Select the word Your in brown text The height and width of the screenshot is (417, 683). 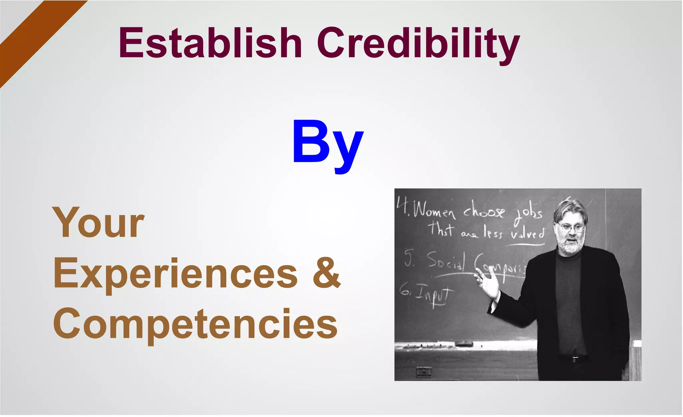click(98, 223)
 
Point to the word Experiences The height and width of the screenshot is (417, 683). click(175, 274)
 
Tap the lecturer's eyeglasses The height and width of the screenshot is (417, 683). click(571, 228)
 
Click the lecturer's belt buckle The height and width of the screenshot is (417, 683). click(574, 359)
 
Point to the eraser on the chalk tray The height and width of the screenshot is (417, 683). click(464, 344)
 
